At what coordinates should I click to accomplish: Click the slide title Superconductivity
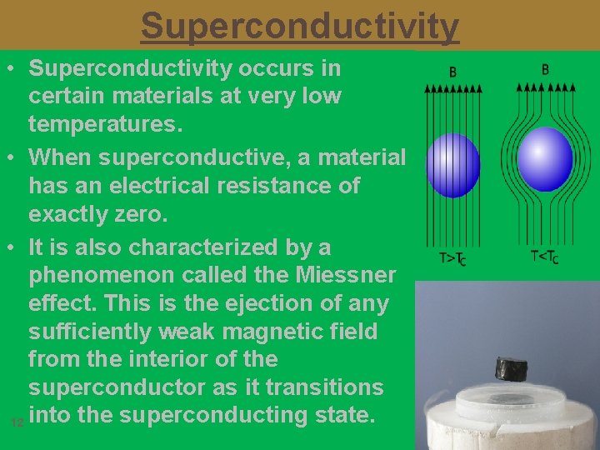coord(299,26)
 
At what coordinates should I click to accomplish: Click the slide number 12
coord(17,423)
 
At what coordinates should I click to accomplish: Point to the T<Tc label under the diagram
coord(544,257)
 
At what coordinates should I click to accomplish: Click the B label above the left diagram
coord(452,72)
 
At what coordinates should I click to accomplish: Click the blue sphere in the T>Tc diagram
coord(452,165)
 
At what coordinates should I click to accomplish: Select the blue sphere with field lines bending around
coord(545,159)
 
